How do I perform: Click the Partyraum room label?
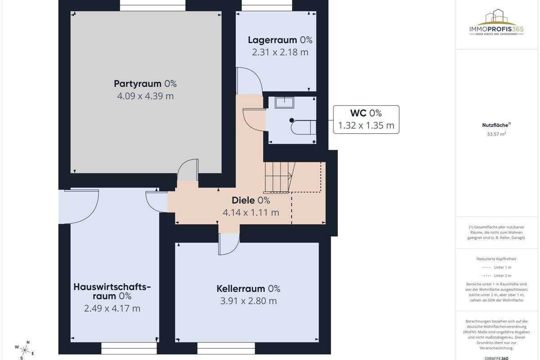[x=145, y=84]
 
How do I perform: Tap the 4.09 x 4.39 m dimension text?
[x=145, y=96]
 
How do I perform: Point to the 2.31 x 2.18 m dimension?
[x=280, y=52]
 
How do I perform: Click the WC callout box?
[x=366, y=119]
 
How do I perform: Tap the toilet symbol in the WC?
[x=303, y=126]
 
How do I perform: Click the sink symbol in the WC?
[x=284, y=103]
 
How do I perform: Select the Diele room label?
[x=251, y=200]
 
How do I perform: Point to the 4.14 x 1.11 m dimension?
[x=251, y=212]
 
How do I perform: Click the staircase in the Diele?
[x=279, y=177]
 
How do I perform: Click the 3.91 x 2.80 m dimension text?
[x=248, y=301]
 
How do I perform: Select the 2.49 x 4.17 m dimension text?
[x=112, y=308]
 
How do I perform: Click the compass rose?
[x=24, y=350]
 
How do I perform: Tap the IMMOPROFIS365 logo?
[x=496, y=22]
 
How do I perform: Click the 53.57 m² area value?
[x=496, y=134]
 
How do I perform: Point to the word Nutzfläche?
[x=495, y=125]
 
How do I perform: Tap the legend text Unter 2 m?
[x=502, y=275]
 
